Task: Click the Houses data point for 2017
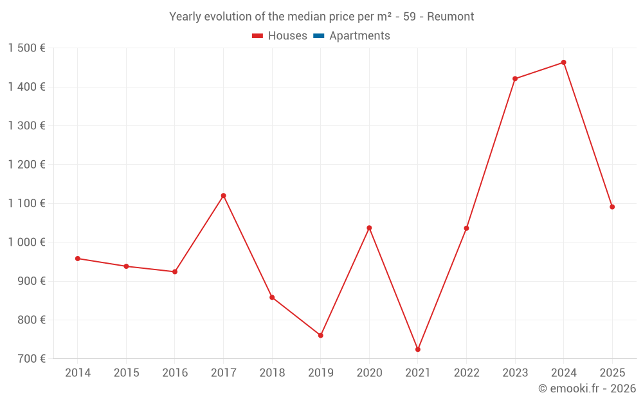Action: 223,196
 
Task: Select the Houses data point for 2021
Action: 418,349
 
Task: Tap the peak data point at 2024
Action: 563,62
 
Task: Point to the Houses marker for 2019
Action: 320,335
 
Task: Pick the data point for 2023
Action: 515,78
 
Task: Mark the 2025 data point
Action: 612,206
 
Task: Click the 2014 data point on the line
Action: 78,259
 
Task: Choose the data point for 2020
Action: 369,228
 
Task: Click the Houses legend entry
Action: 287,36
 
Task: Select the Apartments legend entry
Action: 359,36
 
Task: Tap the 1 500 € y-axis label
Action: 26,48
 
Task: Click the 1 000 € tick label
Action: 26,242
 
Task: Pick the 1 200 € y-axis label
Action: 26,165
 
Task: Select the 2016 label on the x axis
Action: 175,373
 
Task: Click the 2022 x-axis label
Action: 466,373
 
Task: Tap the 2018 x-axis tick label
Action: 272,373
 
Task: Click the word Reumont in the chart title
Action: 451,17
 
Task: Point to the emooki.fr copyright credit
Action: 587,388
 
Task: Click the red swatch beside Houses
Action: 258,36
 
